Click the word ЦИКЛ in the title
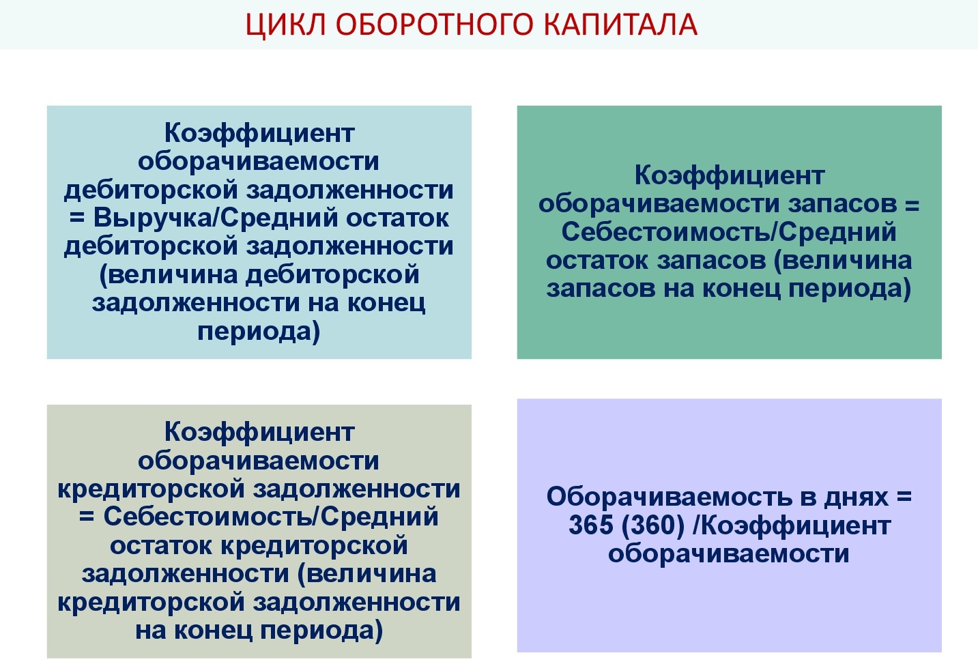pos(285,25)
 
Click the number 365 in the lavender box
pos(591,525)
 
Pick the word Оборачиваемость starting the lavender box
pos(669,497)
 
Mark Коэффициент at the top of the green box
pos(730,176)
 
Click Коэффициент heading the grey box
pos(259,433)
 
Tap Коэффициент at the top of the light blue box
pos(259,134)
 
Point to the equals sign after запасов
pos(912,205)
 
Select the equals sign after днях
pos(905,496)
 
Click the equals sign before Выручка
pos(77,218)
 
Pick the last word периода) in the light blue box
pos(259,332)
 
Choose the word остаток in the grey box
pos(160,546)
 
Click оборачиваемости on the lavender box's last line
pos(729,553)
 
